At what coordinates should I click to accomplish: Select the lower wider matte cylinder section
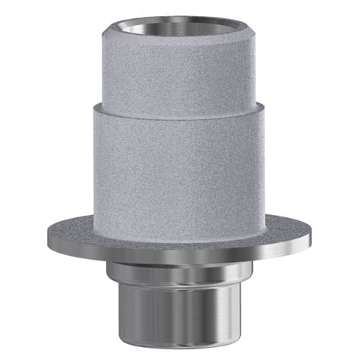[179, 159]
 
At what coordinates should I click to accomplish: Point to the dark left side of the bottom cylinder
[129, 311]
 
